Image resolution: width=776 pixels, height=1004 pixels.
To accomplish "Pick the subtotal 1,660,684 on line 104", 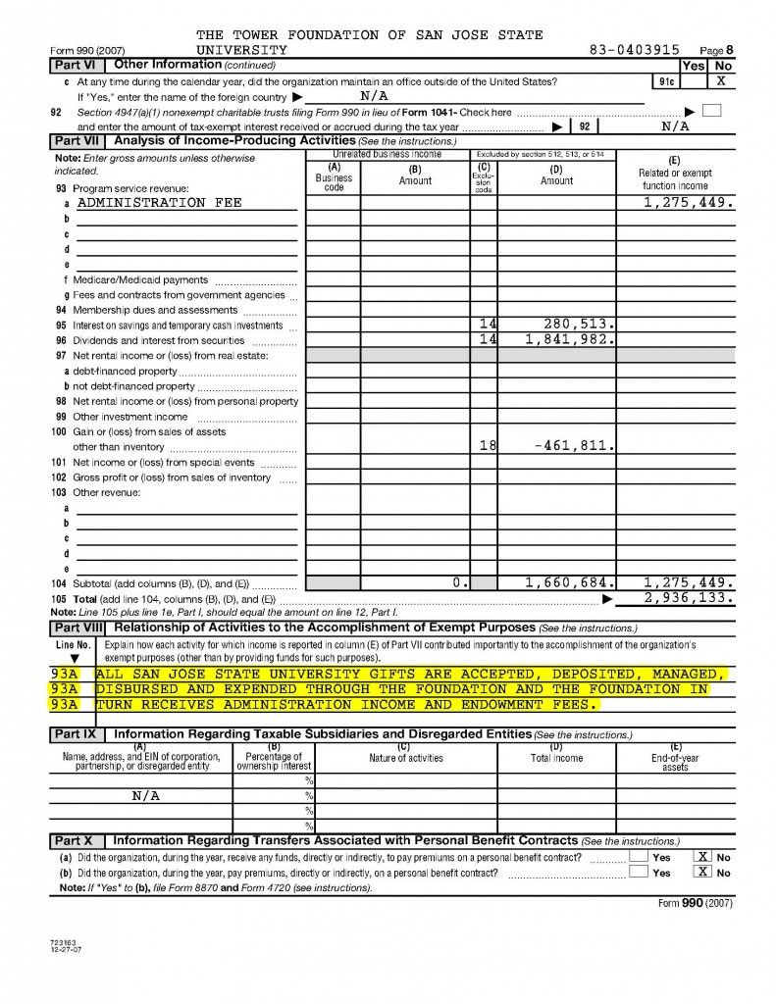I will click(570, 582).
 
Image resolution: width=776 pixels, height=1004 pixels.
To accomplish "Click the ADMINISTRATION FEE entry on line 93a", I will click(159, 203).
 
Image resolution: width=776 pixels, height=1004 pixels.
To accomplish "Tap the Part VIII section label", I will click(78, 627).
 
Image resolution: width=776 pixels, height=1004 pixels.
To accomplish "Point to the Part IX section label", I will click(76, 734).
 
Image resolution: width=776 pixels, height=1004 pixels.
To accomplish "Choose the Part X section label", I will click(75, 841).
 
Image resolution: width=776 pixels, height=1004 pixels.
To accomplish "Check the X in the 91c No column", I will click(721, 80).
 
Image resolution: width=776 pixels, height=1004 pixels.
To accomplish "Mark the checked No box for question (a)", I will click(702, 857).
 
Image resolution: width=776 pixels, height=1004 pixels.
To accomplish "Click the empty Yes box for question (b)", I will click(639, 873).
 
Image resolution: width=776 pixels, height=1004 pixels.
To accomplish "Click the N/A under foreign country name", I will click(374, 96).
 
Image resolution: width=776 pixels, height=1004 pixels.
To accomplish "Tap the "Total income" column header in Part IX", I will click(556, 758).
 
